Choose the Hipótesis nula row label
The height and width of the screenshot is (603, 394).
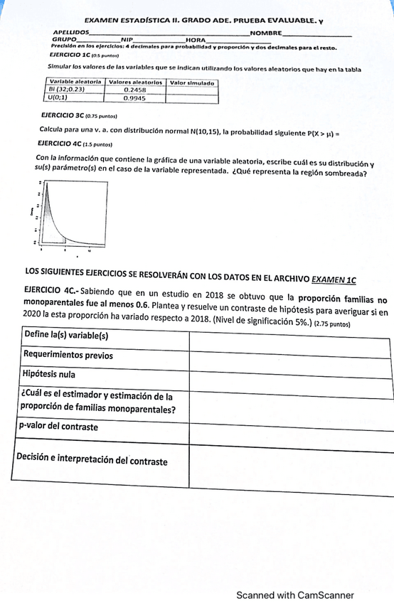point(49,373)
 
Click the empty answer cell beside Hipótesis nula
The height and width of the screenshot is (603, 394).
point(289,374)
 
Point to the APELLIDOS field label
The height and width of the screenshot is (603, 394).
point(71,33)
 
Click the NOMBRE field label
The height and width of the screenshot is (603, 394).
point(266,33)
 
